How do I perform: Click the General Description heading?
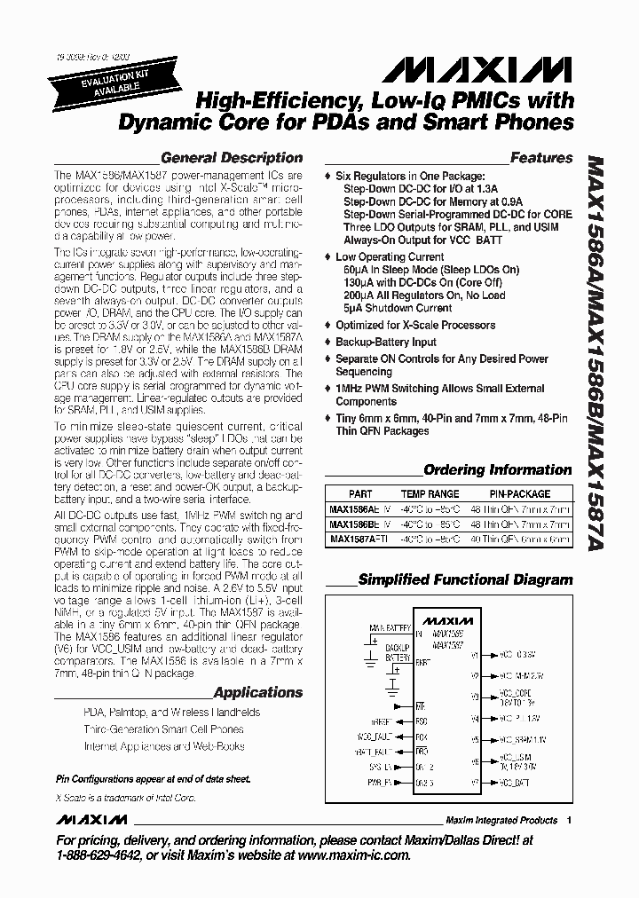click(x=232, y=158)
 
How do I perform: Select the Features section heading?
click(x=541, y=158)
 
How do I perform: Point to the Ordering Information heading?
click(x=498, y=469)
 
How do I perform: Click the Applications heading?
click(x=258, y=692)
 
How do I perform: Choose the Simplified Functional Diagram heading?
click(x=465, y=579)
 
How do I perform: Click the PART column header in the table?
click(x=360, y=494)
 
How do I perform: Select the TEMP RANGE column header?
click(x=430, y=494)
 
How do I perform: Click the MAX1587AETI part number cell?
click(x=358, y=539)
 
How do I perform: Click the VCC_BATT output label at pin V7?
click(x=514, y=783)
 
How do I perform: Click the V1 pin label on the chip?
click(x=476, y=655)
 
